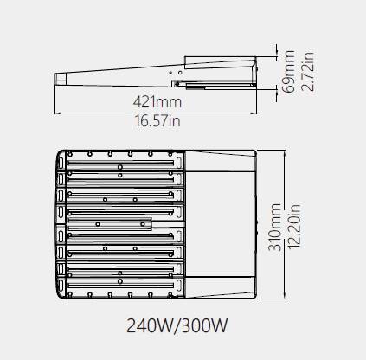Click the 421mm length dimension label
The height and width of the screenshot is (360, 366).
(x=157, y=102)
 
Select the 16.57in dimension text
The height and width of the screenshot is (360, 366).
(x=157, y=120)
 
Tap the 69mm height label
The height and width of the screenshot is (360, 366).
(x=288, y=72)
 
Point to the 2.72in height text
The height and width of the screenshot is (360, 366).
(x=307, y=72)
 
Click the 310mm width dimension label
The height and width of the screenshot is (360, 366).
(x=274, y=228)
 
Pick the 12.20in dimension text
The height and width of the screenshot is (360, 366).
(x=293, y=227)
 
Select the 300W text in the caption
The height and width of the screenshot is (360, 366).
(x=205, y=325)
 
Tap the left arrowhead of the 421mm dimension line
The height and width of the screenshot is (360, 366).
(x=56, y=113)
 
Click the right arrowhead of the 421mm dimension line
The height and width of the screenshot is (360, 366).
(x=254, y=113)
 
